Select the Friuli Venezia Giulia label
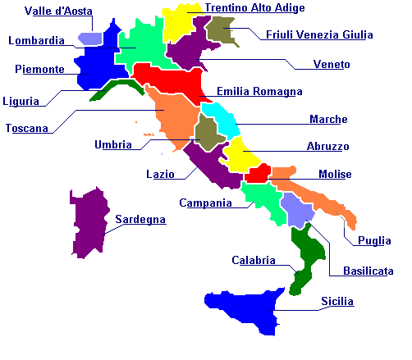point(319,35)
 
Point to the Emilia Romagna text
point(259,92)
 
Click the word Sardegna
point(140,220)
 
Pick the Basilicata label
point(361,271)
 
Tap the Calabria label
point(254,260)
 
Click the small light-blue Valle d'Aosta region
point(89,39)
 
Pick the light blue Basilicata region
point(297,210)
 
